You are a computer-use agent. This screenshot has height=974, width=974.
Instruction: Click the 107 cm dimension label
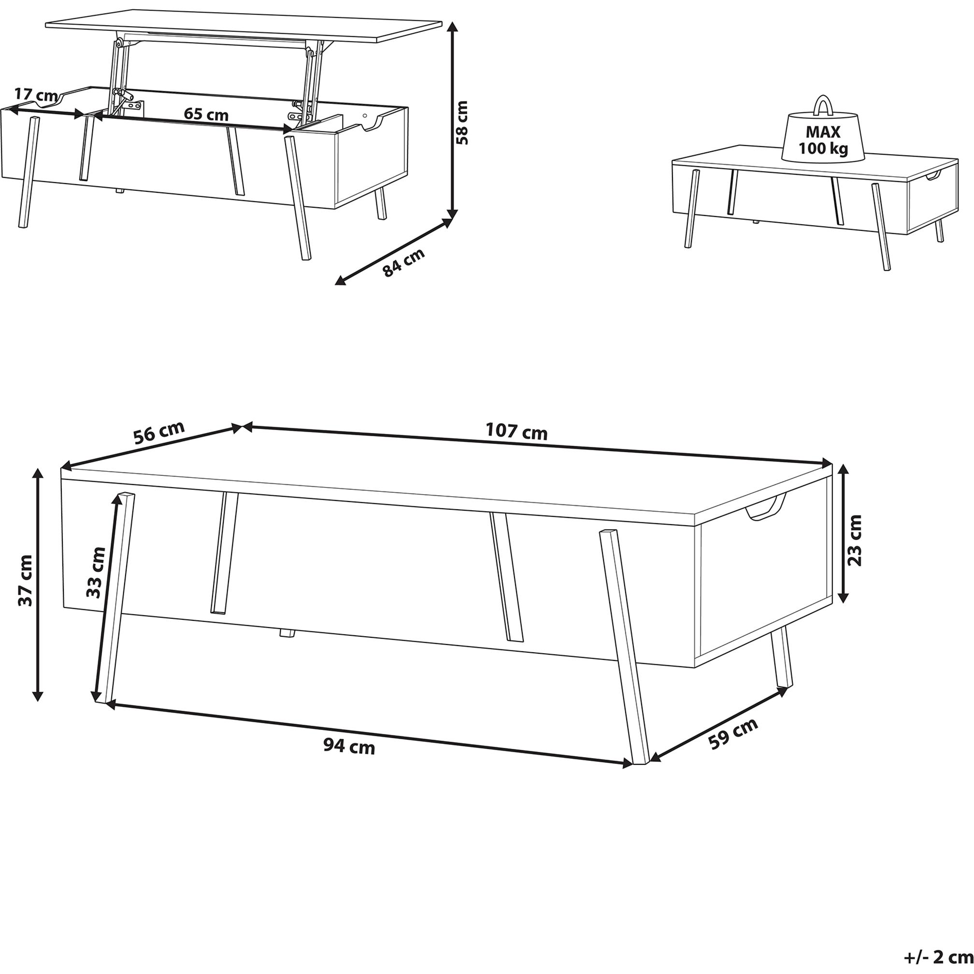516,431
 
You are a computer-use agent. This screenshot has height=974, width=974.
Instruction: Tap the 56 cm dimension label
159,432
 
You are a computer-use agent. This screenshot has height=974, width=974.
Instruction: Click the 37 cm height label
25,580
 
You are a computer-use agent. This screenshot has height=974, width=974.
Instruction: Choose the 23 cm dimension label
856,540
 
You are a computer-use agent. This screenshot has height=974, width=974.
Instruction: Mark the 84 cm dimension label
403,263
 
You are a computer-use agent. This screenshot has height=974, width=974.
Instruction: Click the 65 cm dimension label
206,115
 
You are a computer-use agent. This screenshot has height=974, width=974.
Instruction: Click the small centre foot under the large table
288,633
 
